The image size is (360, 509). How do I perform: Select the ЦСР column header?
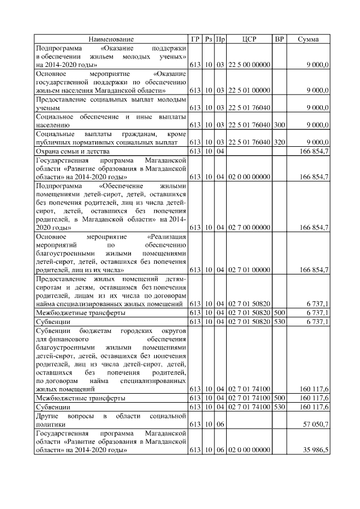click(249, 39)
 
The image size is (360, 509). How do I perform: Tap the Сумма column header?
click(308, 39)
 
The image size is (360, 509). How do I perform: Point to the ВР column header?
click(279, 39)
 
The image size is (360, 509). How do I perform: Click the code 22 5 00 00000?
click(249, 65)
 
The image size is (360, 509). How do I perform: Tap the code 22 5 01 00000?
click(249, 90)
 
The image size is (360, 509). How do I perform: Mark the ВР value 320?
click(279, 142)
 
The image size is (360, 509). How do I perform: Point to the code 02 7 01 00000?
click(249, 270)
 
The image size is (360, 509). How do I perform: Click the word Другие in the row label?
click(47, 415)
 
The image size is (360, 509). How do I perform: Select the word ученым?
click(48, 107)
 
